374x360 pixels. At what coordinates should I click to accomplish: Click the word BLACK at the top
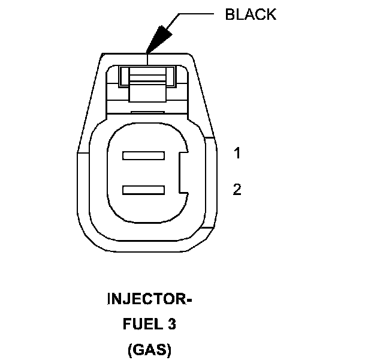[x=251, y=14]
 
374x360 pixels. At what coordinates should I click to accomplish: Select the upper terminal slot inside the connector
[x=143, y=156]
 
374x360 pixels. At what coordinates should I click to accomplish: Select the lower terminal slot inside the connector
[x=143, y=190]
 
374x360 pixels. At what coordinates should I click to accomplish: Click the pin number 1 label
[x=237, y=154]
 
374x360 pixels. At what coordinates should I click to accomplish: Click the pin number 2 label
[x=237, y=190]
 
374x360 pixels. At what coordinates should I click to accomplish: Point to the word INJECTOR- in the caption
[x=149, y=299]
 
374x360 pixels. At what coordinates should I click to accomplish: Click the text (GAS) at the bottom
[x=149, y=349]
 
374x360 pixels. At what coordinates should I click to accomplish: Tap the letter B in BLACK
[x=230, y=14]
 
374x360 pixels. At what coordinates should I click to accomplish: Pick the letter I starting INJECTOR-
[x=110, y=299]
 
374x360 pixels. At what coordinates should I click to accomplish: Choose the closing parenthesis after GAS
[x=169, y=349]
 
